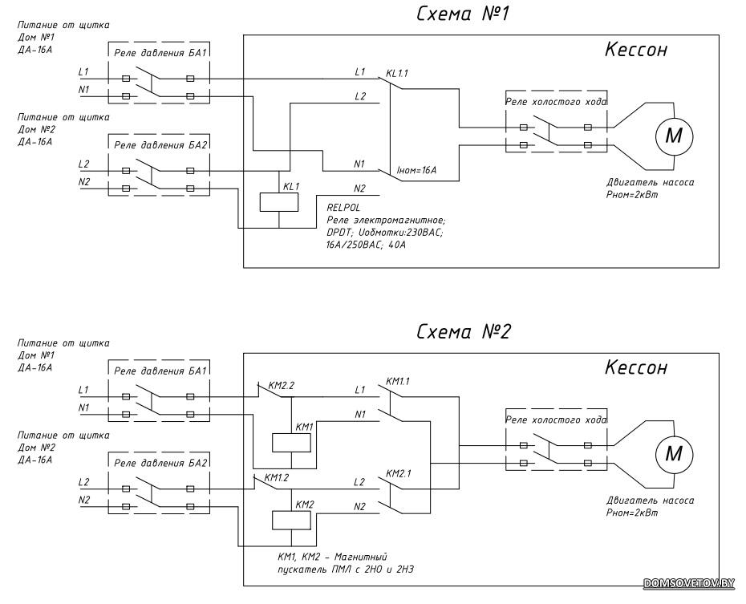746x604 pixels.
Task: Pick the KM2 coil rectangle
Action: coord(290,520)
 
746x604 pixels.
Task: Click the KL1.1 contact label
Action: coord(397,75)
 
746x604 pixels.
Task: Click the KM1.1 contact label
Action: coord(399,382)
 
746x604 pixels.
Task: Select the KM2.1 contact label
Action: coord(399,473)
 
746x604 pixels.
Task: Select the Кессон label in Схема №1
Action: coord(636,51)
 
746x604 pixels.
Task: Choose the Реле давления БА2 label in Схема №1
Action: coord(161,145)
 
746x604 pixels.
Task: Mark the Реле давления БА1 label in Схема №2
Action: coord(161,371)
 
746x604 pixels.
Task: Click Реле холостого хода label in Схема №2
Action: coord(556,420)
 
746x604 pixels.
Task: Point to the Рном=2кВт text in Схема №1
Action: coord(632,194)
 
